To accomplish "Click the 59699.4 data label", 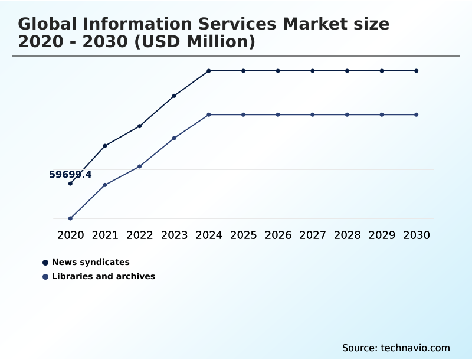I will tap(70, 175).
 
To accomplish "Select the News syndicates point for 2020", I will tap(70, 184).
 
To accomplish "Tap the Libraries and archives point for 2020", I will tap(70, 218).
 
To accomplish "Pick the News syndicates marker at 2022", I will tap(140, 126).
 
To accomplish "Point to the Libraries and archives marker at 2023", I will tap(174, 138).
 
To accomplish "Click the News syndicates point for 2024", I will tap(209, 71).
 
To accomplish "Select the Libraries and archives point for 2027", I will tap(313, 114).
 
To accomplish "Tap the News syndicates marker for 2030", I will tap(417, 71).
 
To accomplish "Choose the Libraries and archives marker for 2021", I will tap(105, 185).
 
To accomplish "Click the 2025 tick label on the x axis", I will tap(243, 235).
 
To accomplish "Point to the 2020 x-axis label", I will tap(70, 235).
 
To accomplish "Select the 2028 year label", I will tap(347, 235).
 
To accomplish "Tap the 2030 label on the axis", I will tap(417, 235).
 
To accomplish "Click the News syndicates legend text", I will tap(91, 262).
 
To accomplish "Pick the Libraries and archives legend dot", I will tap(45, 276).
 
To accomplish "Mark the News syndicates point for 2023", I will tap(174, 96).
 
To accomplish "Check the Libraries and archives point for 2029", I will tap(382, 114).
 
